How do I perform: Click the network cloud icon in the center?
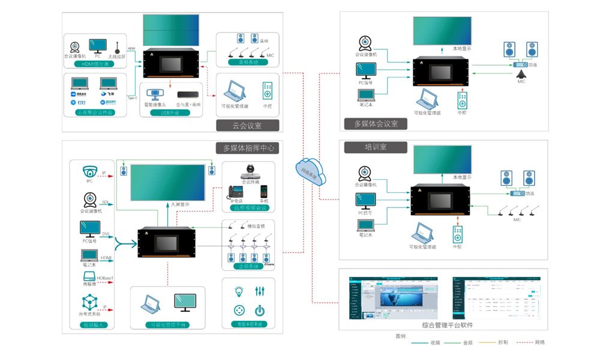pos(310,170)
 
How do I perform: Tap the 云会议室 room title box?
pos(247,125)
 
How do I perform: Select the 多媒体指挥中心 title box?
pos(247,148)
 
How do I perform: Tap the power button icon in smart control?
pos(259,310)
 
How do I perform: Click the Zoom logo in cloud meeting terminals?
pos(109,103)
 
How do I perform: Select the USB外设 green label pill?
pos(171,112)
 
